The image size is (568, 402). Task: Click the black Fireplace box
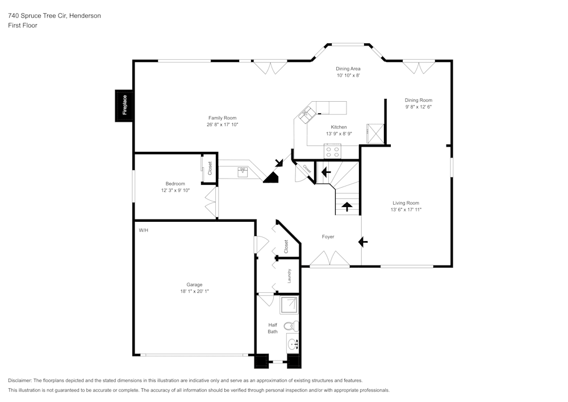click(x=124, y=106)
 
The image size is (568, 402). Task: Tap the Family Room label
click(x=222, y=118)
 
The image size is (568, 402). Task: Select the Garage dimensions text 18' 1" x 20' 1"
click(x=195, y=291)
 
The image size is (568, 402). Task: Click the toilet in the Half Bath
click(x=290, y=326)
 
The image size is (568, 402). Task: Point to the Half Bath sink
click(x=293, y=344)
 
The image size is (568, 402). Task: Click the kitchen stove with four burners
click(x=332, y=151)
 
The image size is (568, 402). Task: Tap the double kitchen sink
click(x=306, y=115)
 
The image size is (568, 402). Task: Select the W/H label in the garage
click(x=144, y=230)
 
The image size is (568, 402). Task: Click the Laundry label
click(x=289, y=276)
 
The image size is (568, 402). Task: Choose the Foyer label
click(x=328, y=237)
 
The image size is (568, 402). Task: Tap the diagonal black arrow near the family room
click(x=278, y=164)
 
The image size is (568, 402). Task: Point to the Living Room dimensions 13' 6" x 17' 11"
click(x=406, y=210)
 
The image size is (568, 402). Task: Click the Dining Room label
click(x=419, y=100)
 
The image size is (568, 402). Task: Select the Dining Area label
click(x=348, y=69)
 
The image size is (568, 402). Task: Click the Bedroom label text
click(x=175, y=184)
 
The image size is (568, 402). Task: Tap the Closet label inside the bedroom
click(x=210, y=168)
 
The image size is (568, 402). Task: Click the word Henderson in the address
click(x=85, y=16)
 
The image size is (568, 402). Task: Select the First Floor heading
click(x=23, y=26)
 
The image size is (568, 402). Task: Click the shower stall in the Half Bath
click(x=289, y=306)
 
